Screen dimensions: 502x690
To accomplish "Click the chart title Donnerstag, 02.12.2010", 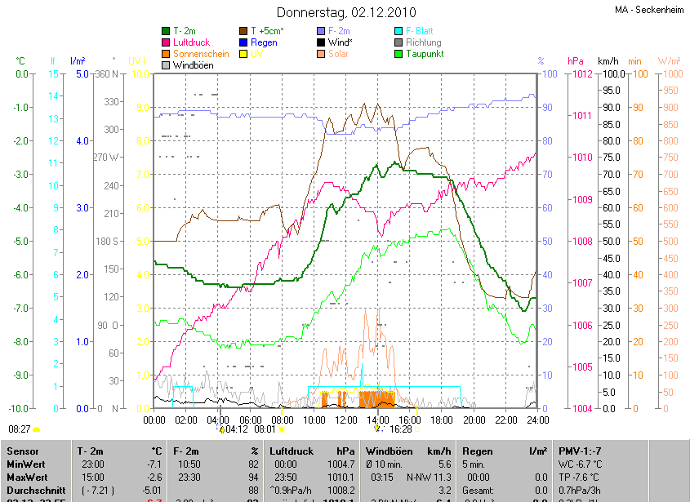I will coord(346,12).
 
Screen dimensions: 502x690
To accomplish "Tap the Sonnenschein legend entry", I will coord(201,54).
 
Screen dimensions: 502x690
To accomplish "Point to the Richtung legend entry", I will coord(423,42).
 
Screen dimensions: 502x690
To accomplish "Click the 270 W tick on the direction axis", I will coord(106,158).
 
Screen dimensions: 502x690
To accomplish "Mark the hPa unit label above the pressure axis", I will coord(576,61).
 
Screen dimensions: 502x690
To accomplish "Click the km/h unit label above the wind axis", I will coord(608,61).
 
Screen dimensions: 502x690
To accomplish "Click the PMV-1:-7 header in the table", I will coord(581,451).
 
